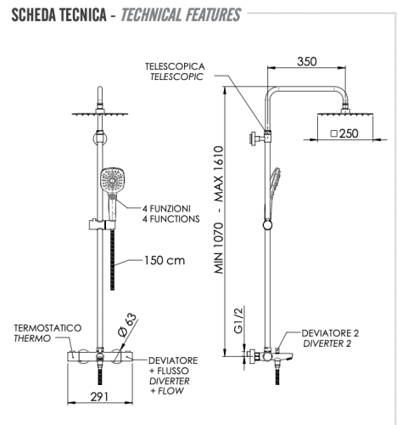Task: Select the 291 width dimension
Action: (x=99, y=395)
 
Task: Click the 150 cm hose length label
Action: (x=164, y=261)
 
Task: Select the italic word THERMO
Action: (x=31, y=338)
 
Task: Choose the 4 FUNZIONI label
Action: (x=166, y=207)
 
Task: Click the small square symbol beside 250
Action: (x=334, y=133)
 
